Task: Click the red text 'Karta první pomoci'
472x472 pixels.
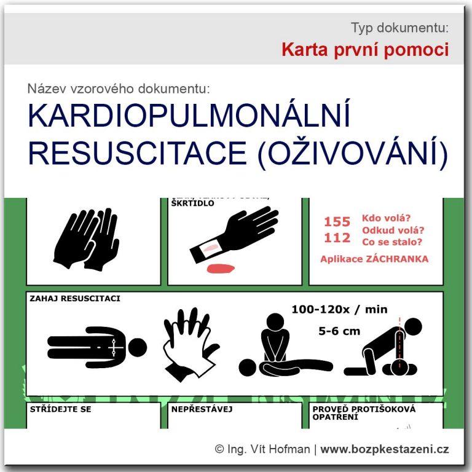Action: coord(365,50)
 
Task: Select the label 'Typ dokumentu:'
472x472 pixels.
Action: coord(399,28)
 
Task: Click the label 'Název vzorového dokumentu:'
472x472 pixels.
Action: coord(118,88)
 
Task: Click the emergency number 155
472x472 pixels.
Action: coord(337,222)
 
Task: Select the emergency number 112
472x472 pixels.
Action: coord(337,238)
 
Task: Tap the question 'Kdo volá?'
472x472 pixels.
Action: coord(387,219)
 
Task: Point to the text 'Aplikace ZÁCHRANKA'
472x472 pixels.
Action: coord(374,259)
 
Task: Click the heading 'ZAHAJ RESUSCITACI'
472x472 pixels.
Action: coord(74,299)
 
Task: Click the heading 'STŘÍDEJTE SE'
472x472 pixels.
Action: coord(60,409)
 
